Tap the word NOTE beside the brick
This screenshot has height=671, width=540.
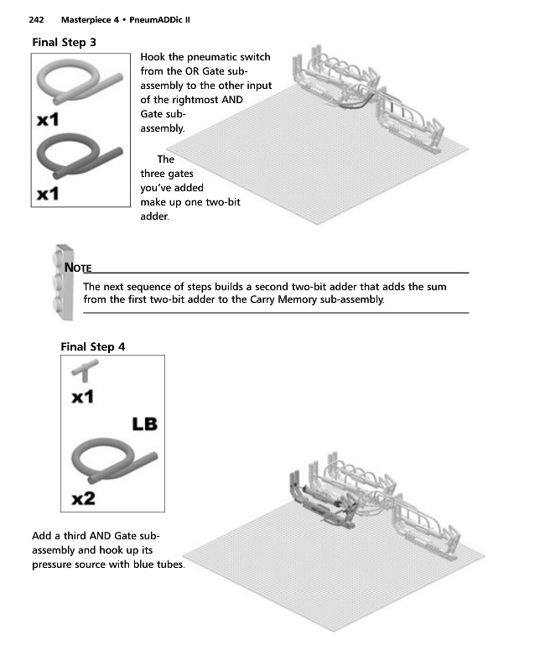pyautogui.click(x=78, y=268)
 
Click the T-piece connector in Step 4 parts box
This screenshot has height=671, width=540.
pyautogui.click(x=85, y=371)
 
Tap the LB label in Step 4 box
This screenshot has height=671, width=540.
pyautogui.click(x=144, y=424)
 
